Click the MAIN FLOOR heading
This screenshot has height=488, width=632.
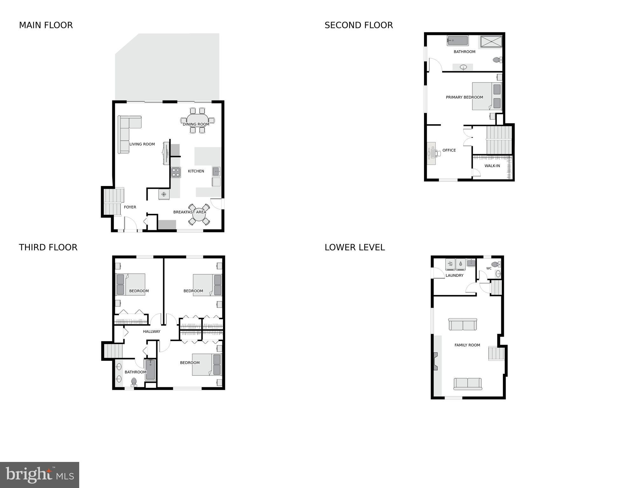pos(46,25)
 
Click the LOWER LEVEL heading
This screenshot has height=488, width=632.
pos(355,247)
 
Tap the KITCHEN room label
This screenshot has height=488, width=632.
pos(196,171)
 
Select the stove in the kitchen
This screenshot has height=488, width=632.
pos(176,172)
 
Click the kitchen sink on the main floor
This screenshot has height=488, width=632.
pos(216,172)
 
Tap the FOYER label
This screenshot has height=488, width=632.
pos(130,207)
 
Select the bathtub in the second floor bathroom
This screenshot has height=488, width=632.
pos(457,41)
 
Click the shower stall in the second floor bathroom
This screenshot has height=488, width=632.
pos(491,42)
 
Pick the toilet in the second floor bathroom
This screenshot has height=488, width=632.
pos(497,59)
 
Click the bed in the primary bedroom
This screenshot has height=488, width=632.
pos(487,96)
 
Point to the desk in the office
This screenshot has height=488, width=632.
pos(432,153)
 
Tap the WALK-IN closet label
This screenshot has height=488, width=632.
pos(492,166)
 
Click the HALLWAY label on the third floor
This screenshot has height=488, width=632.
pos(151,331)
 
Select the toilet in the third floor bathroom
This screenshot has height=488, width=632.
pos(134,381)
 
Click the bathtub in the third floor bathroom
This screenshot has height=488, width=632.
pos(150,370)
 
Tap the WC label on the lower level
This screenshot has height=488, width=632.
pos(489,268)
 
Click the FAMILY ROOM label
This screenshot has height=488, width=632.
pos(467,345)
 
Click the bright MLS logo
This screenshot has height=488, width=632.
pos(39,475)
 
